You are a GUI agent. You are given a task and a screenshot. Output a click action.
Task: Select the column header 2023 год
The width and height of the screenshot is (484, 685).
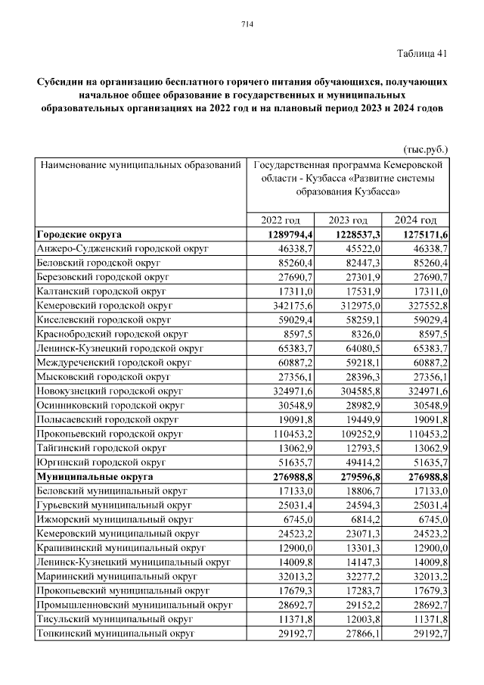[349, 220]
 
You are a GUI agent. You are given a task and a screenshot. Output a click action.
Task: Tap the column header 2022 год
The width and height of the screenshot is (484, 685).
[281, 220]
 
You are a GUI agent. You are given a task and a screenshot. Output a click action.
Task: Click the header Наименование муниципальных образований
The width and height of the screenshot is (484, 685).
[141, 164]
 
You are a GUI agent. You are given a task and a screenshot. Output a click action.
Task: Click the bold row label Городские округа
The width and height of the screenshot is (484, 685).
[79, 234]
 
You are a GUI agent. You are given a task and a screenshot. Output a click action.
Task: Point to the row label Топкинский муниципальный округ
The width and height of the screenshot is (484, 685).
[114, 634]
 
